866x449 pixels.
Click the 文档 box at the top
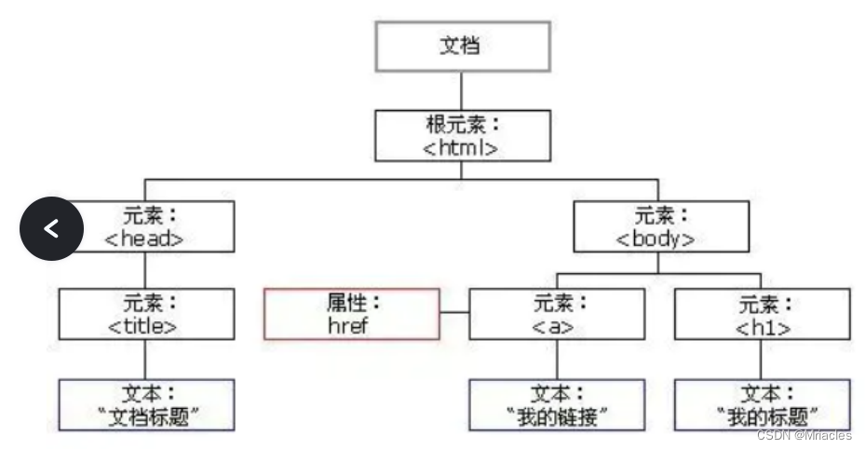[462, 46]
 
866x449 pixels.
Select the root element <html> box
[462, 136]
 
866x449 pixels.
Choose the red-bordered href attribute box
[351, 314]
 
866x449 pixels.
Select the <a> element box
[556, 314]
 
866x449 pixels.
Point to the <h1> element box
[762, 314]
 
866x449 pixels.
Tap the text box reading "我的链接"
[556, 404]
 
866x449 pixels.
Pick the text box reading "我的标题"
[762, 404]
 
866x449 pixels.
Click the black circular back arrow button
[52, 227]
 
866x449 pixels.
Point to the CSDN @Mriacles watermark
[804, 436]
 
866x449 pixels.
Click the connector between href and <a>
[453, 314]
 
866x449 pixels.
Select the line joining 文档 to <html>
[462, 91]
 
